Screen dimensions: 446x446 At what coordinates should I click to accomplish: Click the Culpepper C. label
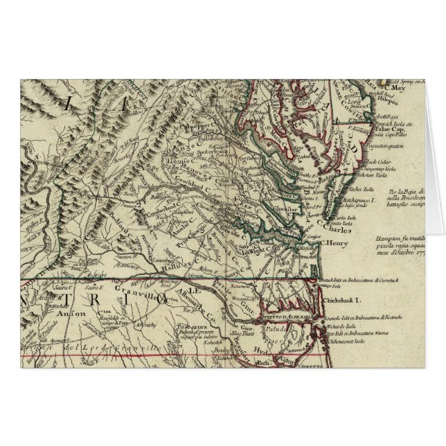tap(196, 129)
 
